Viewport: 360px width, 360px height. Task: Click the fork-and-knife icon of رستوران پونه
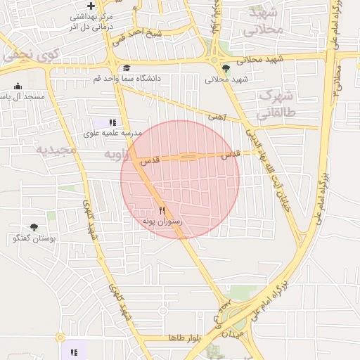[x=162, y=210]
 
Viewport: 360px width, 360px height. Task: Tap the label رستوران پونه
[x=162, y=221]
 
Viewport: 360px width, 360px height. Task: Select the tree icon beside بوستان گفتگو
[x=33, y=228]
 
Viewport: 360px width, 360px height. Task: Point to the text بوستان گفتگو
[x=33, y=239]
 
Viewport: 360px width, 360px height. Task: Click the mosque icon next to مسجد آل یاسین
[x=18, y=86]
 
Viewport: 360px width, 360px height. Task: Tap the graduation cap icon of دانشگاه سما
[x=127, y=67]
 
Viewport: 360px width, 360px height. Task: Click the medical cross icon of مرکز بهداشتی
[x=90, y=6]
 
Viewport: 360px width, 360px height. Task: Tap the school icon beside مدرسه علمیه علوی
[x=112, y=122]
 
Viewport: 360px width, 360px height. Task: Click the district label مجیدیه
[x=55, y=150]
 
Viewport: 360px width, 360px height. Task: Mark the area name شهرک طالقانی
[x=275, y=103]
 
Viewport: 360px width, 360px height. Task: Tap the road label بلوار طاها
[x=185, y=338]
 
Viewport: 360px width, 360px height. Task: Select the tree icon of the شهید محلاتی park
[x=226, y=68]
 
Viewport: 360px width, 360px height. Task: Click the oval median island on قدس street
[x=188, y=157]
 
